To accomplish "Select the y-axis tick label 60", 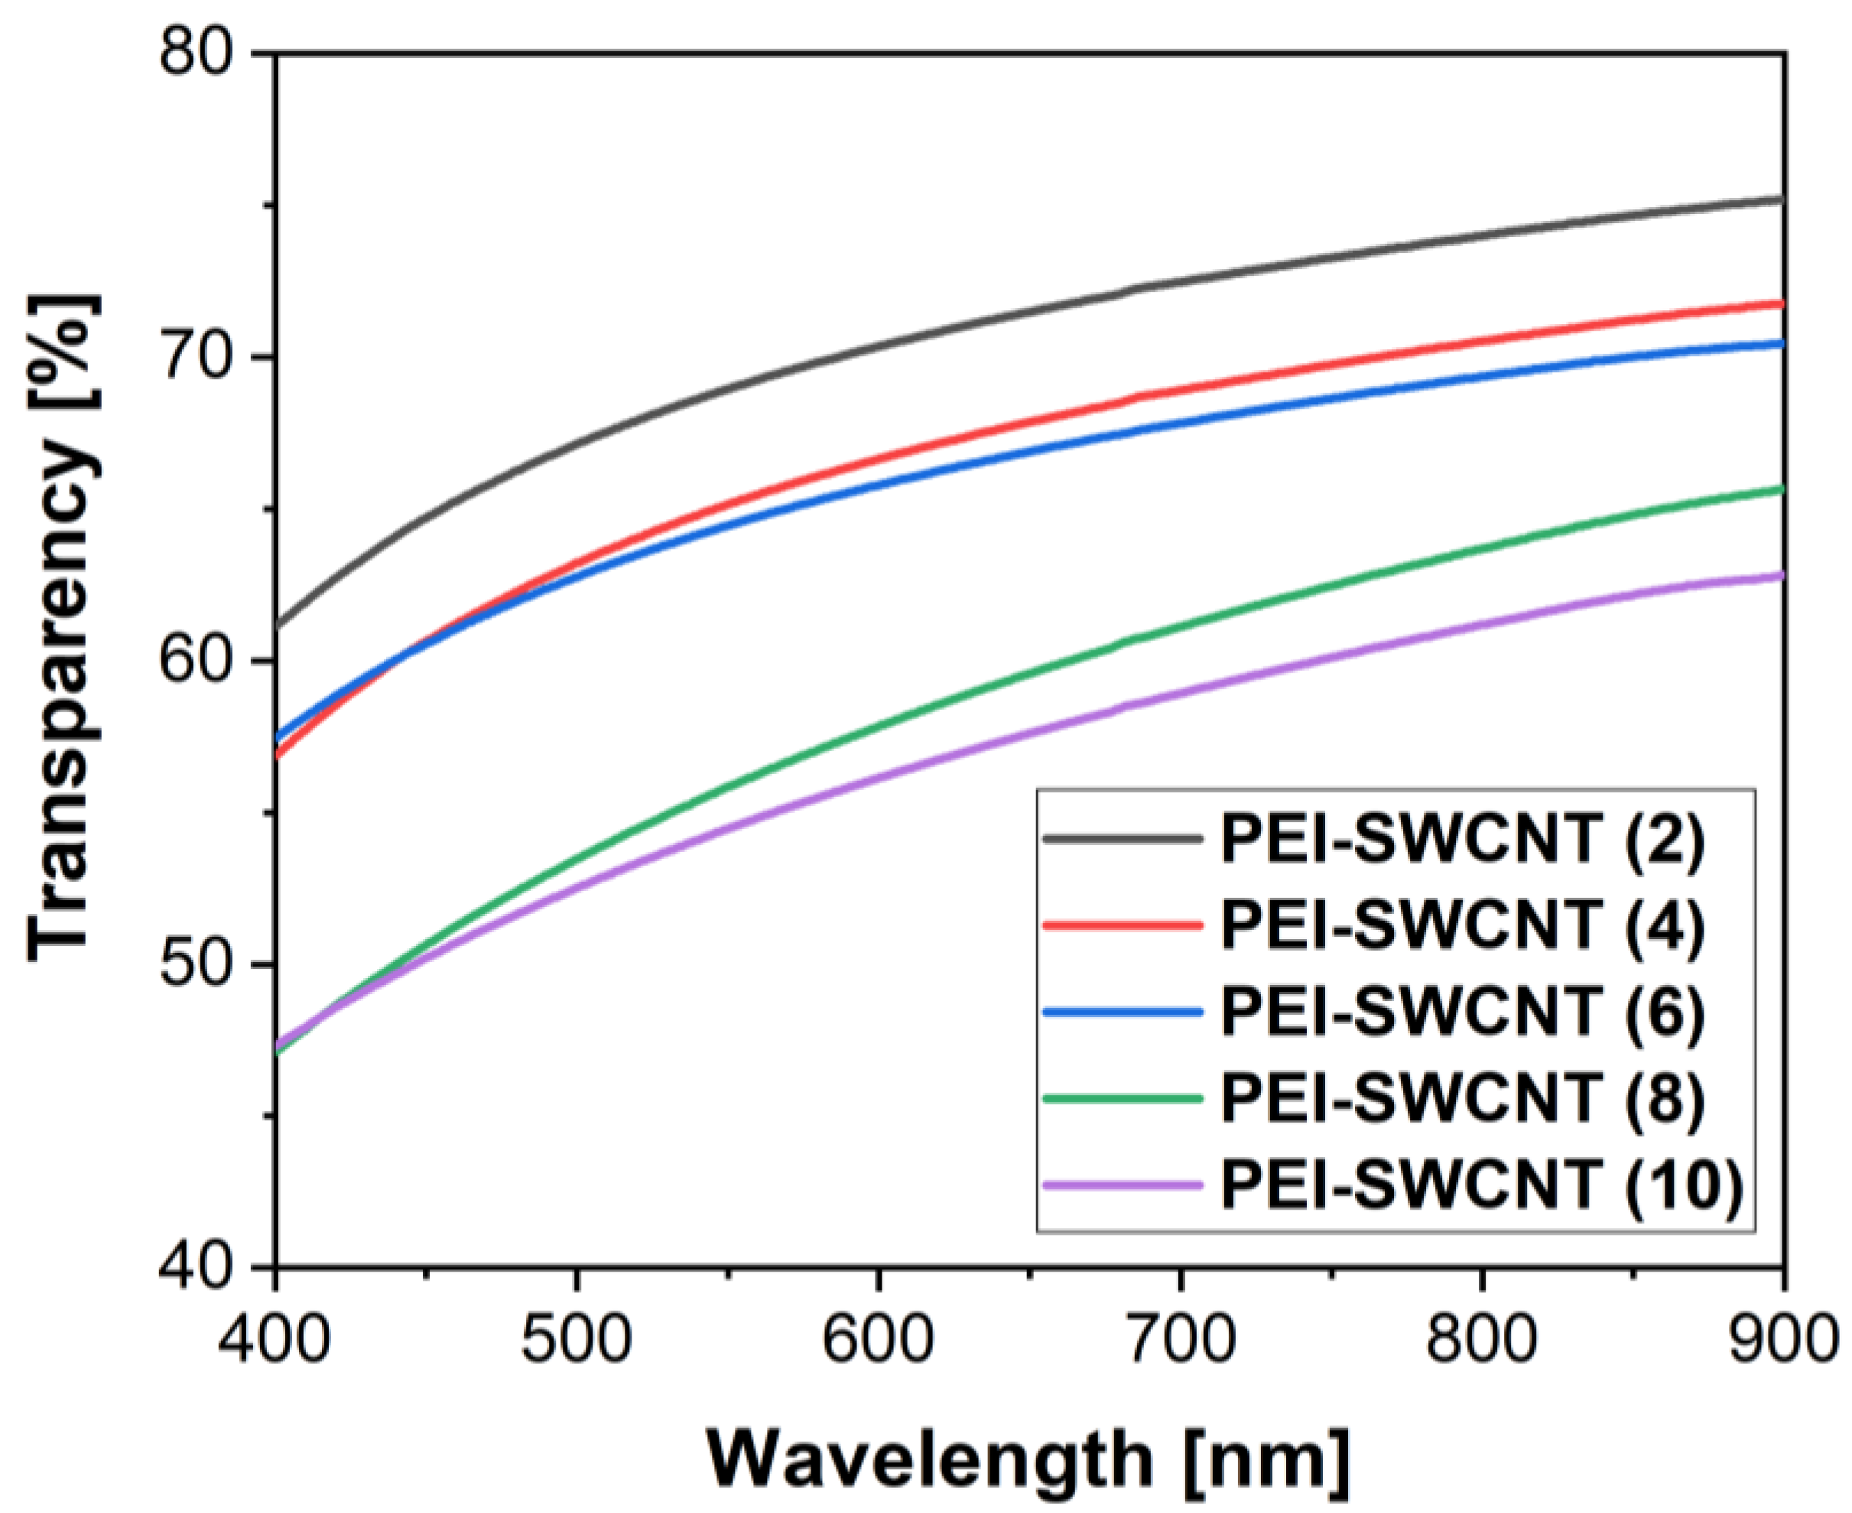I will pos(197,659).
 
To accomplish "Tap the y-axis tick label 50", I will pos(197,964).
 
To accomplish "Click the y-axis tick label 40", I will pos(197,1266).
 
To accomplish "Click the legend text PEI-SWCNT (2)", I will pos(1462,838).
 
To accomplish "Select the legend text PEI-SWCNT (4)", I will pos(1462,925).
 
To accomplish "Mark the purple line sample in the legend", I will pos(1123,1184).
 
